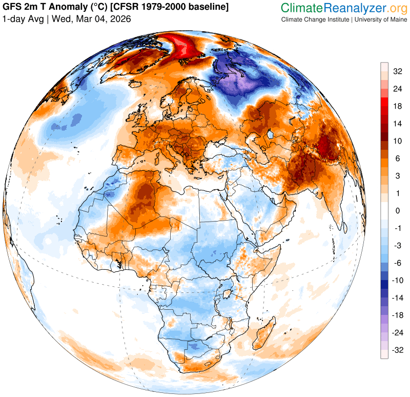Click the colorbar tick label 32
[397, 71]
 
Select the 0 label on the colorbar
[397, 211]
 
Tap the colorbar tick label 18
[397, 106]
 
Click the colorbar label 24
[397, 89]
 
